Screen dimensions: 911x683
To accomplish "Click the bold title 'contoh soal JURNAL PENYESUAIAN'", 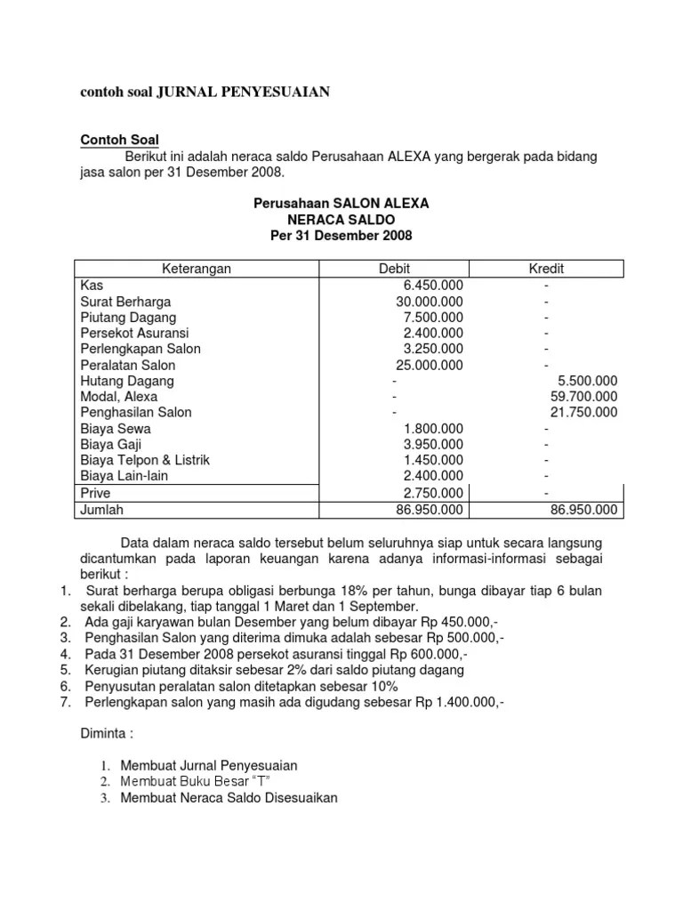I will point(205,92).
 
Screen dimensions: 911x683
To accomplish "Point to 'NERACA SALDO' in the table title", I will point(341,219).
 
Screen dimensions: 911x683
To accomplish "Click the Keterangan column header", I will point(196,269).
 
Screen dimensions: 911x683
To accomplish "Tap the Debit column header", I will point(395,269).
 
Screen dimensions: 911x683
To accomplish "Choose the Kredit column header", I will point(546,269).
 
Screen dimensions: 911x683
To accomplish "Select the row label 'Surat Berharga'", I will point(125,302).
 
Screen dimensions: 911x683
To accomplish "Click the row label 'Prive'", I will point(95,493).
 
